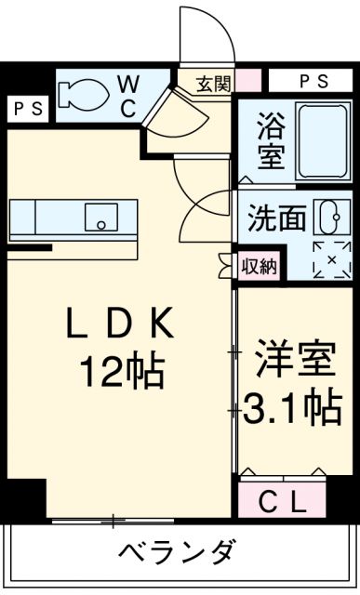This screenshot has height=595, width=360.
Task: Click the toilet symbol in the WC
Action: pos(84,93)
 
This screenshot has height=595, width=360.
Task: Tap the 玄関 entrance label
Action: pos(212,82)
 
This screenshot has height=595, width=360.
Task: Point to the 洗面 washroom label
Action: pos(276,219)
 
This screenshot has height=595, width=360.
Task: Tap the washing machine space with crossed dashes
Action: pos(327,259)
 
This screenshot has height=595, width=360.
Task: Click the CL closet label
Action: pos(281,505)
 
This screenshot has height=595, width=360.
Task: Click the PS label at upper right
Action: pos(313,82)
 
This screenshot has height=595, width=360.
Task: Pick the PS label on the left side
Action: pos(27,109)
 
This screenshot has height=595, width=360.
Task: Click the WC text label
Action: pos(128,95)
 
